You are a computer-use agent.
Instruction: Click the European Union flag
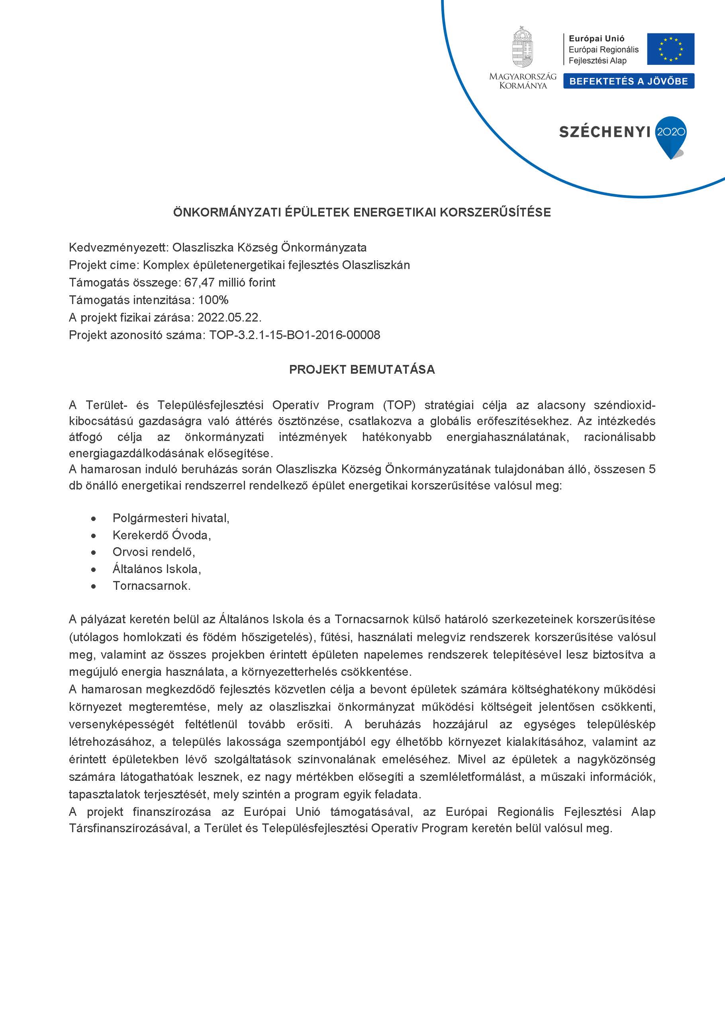(x=671, y=49)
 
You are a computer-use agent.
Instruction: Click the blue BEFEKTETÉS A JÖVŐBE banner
(x=628, y=81)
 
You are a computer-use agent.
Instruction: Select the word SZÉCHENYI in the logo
(x=604, y=132)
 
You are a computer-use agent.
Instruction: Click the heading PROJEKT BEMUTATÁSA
(x=362, y=370)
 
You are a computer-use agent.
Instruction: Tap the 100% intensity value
(x=214, y=300)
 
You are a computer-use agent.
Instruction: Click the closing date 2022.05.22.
(x=229, y=317)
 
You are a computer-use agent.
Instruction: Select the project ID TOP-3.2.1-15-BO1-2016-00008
(x=295, y=335)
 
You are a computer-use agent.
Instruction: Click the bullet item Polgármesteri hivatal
(x=170, y=518)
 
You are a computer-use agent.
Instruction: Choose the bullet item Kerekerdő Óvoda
(x=161, y=535)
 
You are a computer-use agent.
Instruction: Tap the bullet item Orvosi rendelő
(x=154, y=552)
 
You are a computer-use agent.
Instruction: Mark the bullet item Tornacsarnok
(x=151, y=586)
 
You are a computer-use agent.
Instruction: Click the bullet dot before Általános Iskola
(x=93, y=570)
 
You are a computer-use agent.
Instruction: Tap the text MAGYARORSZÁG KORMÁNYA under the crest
(x=523, y=81)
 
